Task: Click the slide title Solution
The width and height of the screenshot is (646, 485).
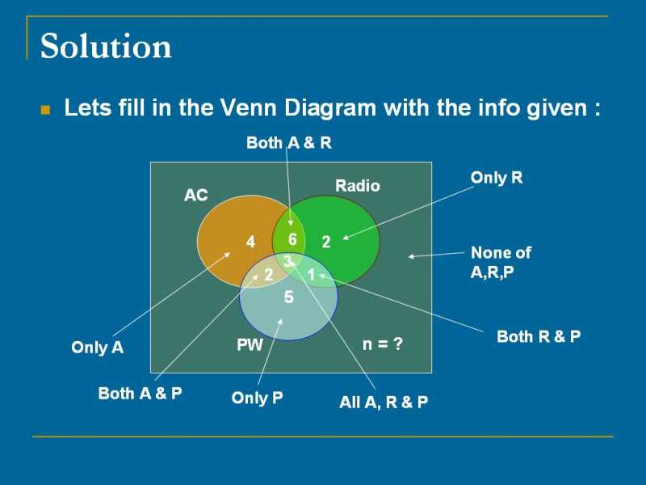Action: (106, 47)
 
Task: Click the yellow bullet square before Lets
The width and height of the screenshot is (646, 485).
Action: (46, 109)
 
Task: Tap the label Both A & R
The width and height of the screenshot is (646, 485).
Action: (288, 143)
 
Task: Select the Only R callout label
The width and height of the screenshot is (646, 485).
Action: (497, 178)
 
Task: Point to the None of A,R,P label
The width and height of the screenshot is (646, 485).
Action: (501, 263)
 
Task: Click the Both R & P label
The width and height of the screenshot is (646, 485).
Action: (539, 336)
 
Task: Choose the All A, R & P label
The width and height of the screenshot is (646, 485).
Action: (384, 402)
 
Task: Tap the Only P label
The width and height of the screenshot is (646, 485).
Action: (257, 398)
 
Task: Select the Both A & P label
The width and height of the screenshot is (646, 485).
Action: (140, 393)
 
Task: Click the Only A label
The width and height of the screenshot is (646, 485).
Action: (97, 348)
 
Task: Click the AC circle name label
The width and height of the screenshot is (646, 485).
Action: (196, 195)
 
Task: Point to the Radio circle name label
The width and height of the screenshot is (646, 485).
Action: (357, 186)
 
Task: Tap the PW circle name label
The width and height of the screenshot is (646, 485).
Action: (250, 345)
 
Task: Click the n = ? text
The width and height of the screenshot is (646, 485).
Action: (382, 345)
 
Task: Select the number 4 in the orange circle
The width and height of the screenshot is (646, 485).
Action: (250, 242)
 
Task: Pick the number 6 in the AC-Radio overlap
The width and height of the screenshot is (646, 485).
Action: (292, 239)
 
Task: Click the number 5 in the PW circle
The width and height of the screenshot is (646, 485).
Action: (288, 298)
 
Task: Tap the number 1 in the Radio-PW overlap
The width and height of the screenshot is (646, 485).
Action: (310, 275)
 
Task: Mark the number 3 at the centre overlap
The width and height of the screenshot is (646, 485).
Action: (287, 261)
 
